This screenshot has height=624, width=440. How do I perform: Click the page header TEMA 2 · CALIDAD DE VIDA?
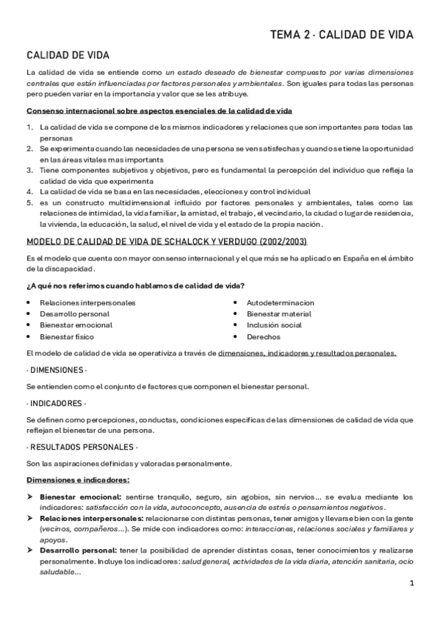coord(342,35)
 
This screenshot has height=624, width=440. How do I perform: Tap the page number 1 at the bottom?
coord(412,584)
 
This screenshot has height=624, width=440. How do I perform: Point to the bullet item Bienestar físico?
coord(68,337)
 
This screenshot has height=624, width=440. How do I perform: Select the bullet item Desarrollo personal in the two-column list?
coord(74,314)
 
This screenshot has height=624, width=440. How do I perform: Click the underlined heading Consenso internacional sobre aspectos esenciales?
coord(159,111)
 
